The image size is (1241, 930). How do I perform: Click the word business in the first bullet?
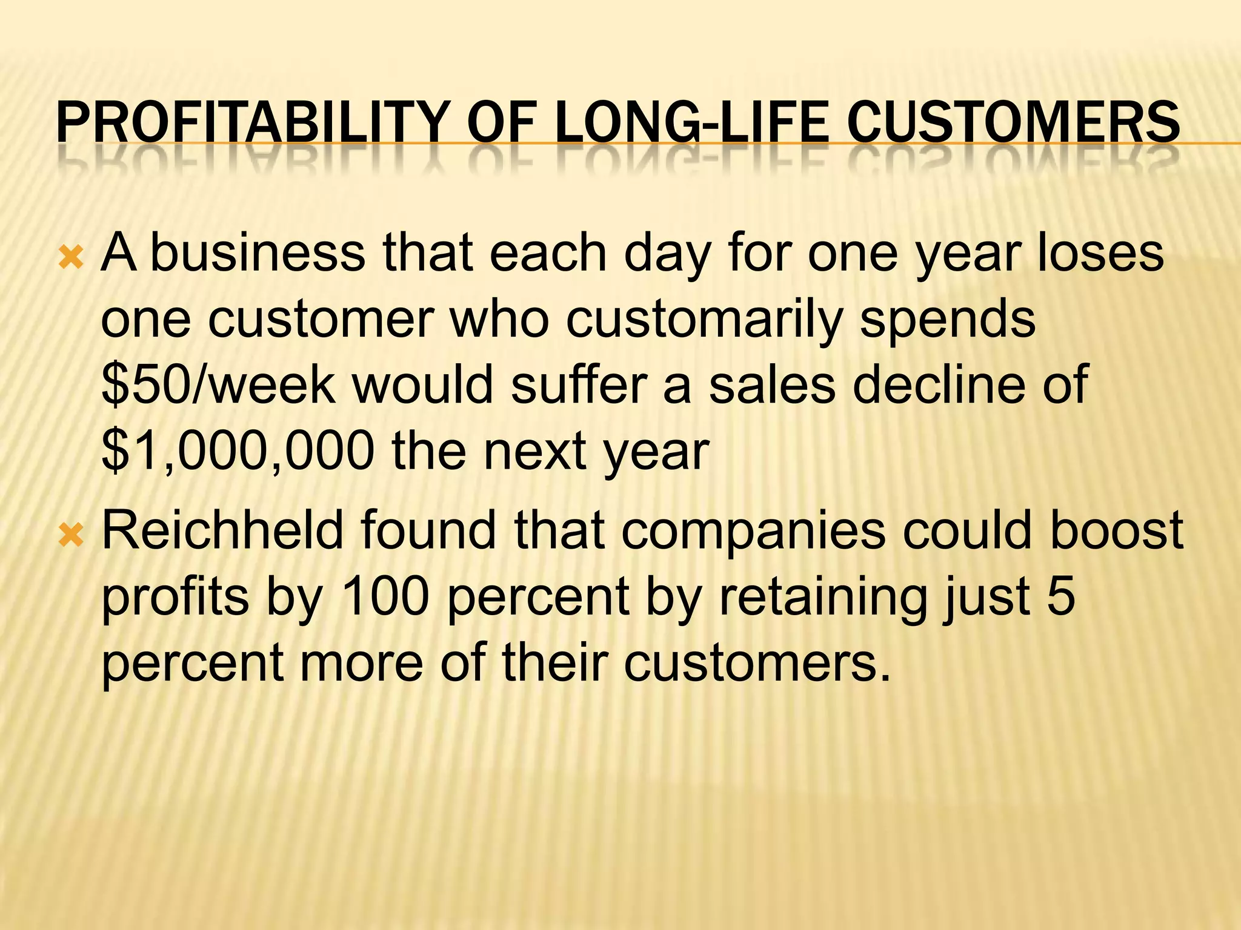click(258, 252)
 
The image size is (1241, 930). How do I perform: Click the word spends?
click(948, 320)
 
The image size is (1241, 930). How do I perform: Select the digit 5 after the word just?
click(1061, 597)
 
